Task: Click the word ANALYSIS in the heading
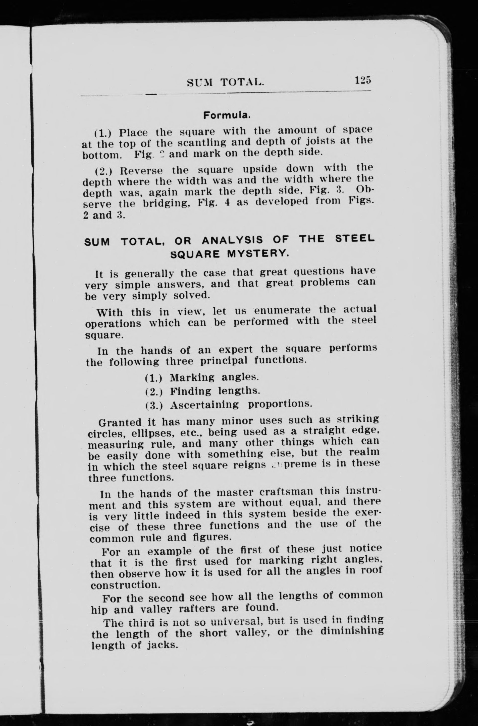click(x=232, y=240)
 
